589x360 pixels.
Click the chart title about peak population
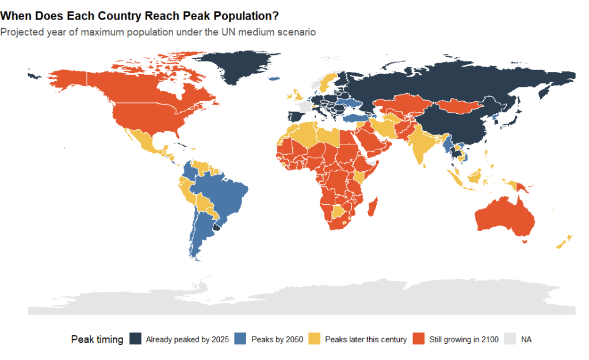[139, 16]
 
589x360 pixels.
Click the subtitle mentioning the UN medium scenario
[158, 32]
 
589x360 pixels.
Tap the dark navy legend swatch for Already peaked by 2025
[135, 339]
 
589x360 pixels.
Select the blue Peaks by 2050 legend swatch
[240, 339]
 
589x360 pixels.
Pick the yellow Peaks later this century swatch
[315, 339]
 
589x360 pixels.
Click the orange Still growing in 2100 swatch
[419, 339]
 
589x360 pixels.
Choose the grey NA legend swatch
[510, 339]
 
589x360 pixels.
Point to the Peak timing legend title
[97, 339]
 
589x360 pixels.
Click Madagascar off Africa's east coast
[373, 207]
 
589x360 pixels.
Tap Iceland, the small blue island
[274, 79]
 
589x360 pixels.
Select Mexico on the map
[144, 141]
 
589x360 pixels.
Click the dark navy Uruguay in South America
[216, 227]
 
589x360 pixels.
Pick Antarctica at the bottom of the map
[300, 298]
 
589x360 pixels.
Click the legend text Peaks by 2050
[277, 339]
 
